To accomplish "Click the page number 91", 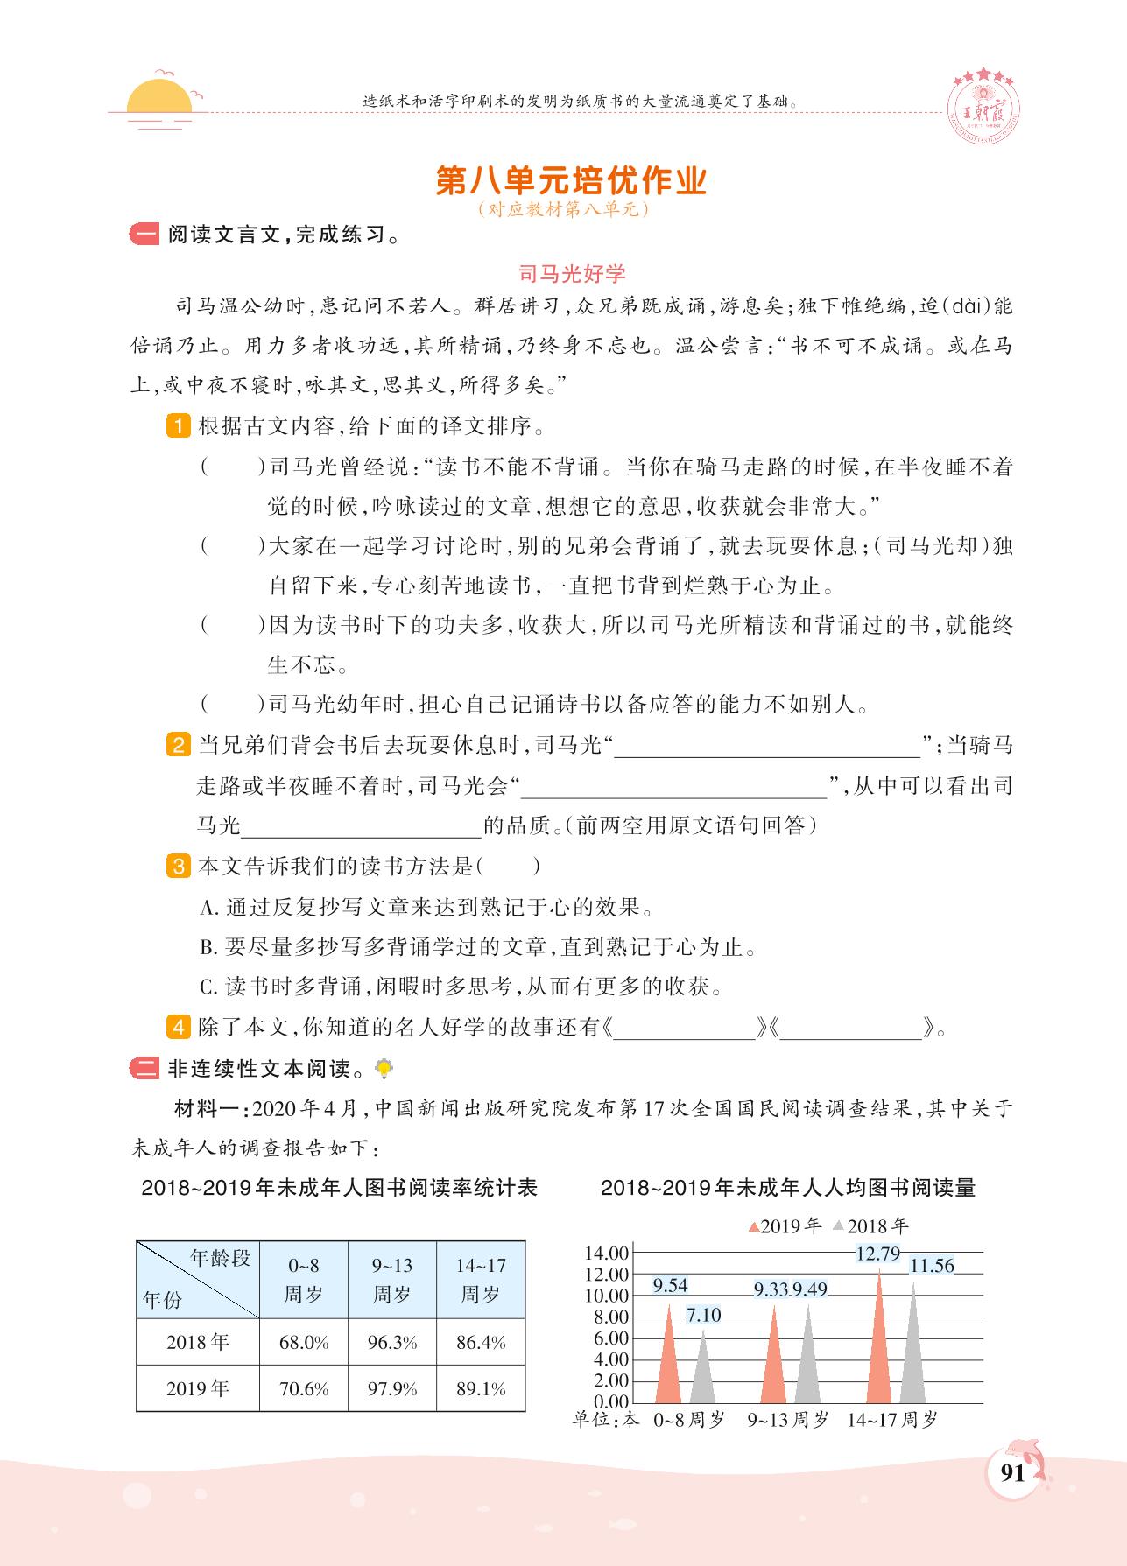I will (1011, 1472).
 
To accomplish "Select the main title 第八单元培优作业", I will (570, 180).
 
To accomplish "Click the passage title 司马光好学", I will (572, 274).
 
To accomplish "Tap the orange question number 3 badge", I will (178, 867).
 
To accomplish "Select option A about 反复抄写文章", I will (426, 907).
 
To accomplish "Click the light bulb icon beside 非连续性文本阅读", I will (383, 1068).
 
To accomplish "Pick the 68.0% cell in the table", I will (304, 1342).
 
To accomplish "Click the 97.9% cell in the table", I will (392, 1388).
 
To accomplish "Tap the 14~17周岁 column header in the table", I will (481, 1280).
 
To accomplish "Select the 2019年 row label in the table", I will (198, 1388).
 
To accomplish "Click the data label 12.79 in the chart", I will (877, 1254).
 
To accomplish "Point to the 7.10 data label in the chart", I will (703, 1315).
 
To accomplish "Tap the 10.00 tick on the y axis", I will (606, 1296).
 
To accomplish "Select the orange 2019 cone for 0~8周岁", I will (669, 1361).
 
